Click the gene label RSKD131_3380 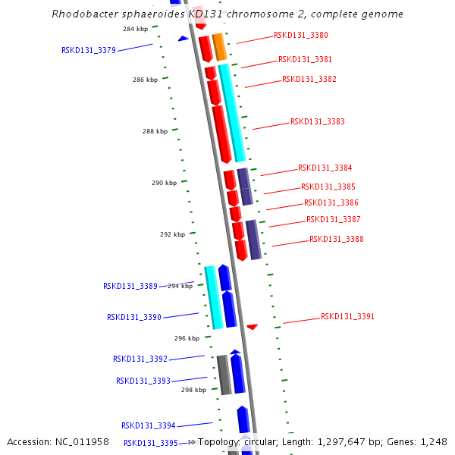pos(300,36)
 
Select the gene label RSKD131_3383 pos(317,121)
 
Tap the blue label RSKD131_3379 pos(88,51)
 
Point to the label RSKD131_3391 pos(347,317)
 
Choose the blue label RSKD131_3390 pos(133,318)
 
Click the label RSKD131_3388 pos(336,240)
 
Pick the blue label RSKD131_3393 pos(143,381)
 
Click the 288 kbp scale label pos(155,131)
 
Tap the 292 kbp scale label pos(172,235)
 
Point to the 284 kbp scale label pos(135,29)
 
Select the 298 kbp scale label pos(193,390)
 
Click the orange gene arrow pos(219,47)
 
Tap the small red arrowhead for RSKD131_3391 pos(253,326)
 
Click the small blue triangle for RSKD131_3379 pos(183,38)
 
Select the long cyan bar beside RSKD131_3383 pos(233,112)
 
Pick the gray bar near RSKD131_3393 pos(224,375)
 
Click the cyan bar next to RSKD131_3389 pos(213,297)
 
